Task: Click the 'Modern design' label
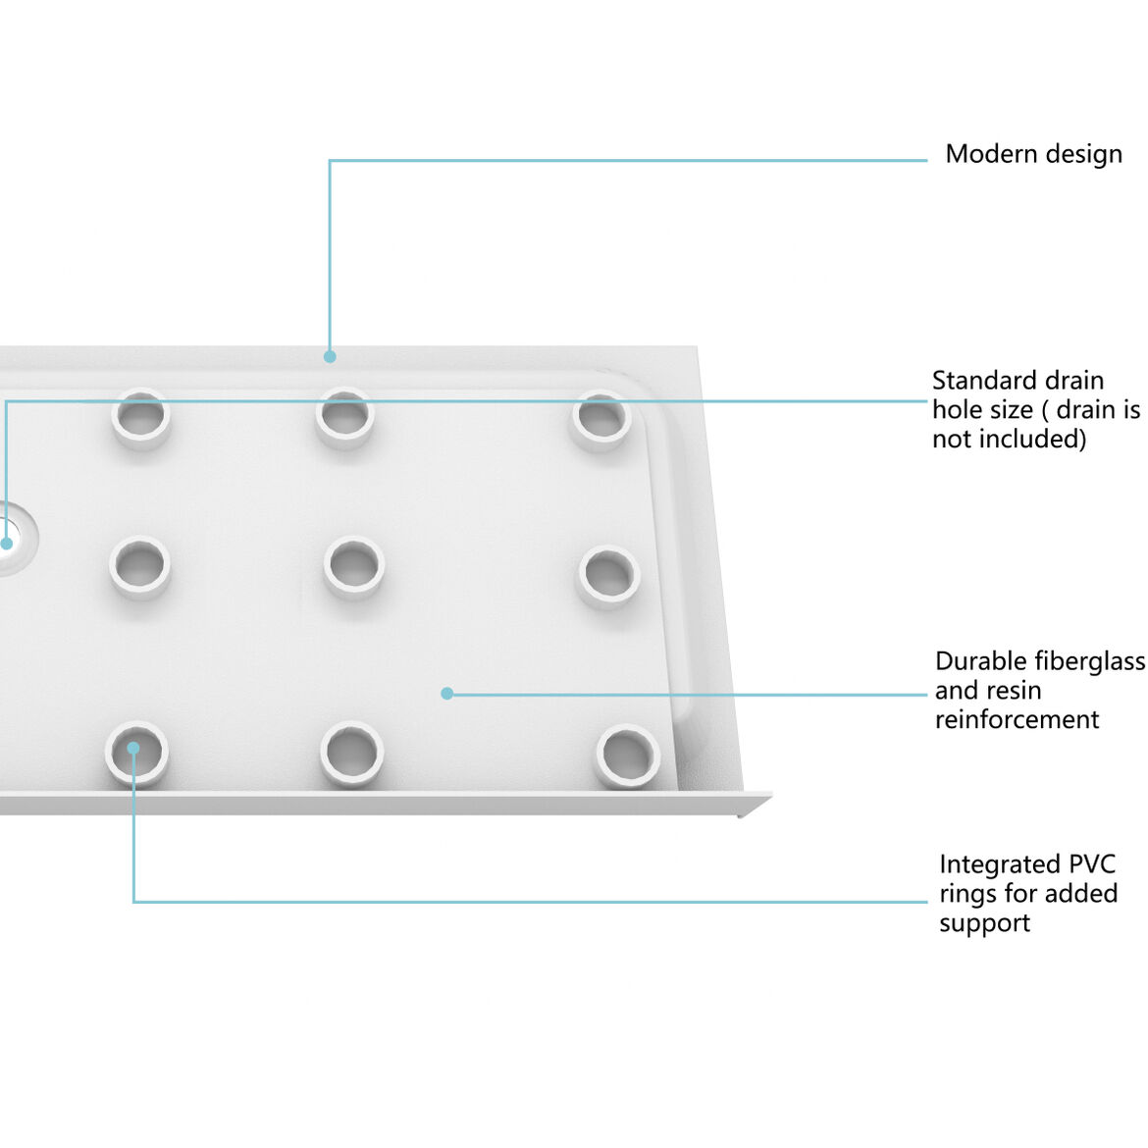(1033, 155)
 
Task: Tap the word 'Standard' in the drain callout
(978, 381)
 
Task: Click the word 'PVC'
(1089, 864)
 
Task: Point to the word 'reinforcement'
(1017, 719)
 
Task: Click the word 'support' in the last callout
(984, 923)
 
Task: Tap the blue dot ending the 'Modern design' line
(331, 356)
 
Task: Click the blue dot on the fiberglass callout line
(447, 694)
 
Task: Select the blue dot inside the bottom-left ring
(133, 749)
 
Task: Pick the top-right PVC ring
(600, 419)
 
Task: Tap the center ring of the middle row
(353, 565)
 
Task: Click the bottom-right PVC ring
(626, 756)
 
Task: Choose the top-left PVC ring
(140, 417)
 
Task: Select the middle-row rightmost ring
(608, 575)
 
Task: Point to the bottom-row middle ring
(351, 753)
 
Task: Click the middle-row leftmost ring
(139, 565)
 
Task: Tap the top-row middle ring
(344, 417)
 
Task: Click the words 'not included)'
(1009, 439)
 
